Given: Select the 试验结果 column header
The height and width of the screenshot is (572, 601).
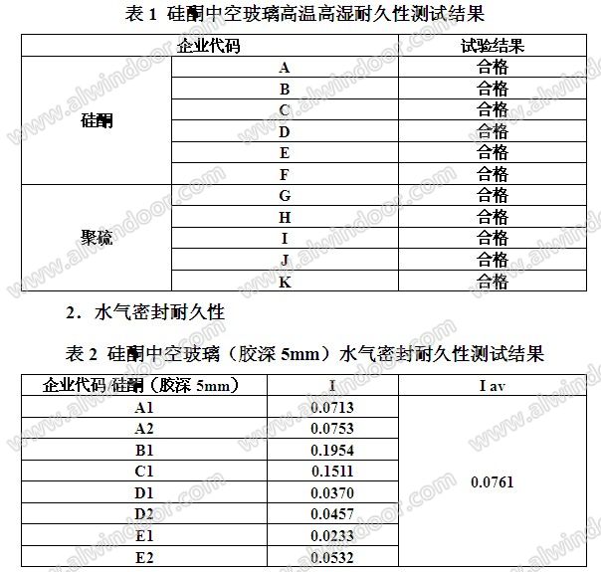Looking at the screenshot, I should (x=493, y=46).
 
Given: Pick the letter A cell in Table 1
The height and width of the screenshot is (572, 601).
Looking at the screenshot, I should (x=285, y=68).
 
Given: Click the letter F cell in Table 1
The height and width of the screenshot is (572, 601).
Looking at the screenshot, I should (x=285, y=174).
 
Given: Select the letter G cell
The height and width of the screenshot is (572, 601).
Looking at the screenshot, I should (x=285, y=196).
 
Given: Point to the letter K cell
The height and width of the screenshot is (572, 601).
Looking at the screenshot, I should (x=285, y=282).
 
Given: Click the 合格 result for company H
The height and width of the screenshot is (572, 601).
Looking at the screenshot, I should (x=493, y=217).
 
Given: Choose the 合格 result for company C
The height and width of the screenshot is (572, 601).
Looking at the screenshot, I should (x=493, y=109).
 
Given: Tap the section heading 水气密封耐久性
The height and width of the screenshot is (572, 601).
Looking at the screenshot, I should (x=159, y=312).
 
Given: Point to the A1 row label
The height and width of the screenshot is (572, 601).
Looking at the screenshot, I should (x=144, y=407).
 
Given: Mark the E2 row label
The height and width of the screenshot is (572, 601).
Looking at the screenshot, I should (x=144, y=557).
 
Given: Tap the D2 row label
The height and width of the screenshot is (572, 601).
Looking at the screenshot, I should (x=144, y=514).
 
